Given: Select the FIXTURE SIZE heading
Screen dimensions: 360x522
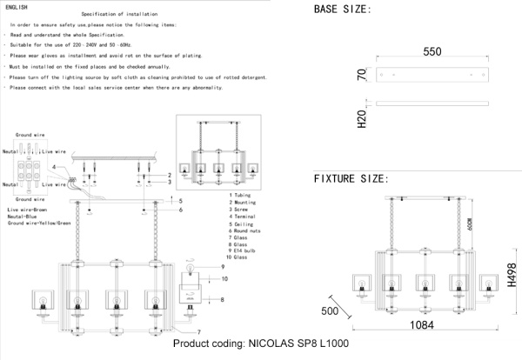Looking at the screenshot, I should click(x=351, y=178).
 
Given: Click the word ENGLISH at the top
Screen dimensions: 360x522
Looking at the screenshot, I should click(x=18, y=6).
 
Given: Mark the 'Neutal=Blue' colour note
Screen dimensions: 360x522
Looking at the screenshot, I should click(x=24, y=217).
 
